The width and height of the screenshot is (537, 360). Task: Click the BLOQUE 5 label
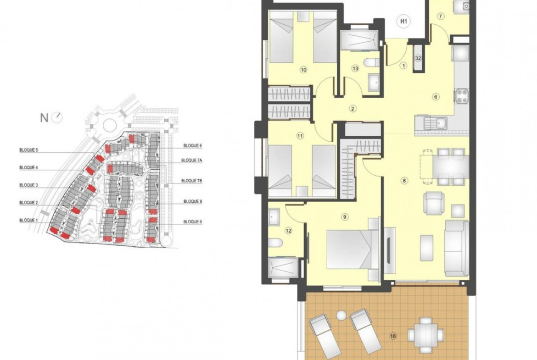pyautogui.click(x=29, y=150)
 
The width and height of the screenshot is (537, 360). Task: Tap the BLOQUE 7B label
pyautogui.click(x=192, y=181)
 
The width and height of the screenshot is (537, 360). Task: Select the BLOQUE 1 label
pyautogui.click(x=29, y=221)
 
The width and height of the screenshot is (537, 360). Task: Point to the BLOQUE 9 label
pyautogui.click(x=192, y=222)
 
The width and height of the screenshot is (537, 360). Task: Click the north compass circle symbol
pyautogui.click(x=57, y=118)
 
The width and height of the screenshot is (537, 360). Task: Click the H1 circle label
pyautogui.click(x=404, y=21)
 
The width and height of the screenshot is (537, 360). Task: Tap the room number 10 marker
pyautogui.click(x=303, y=70)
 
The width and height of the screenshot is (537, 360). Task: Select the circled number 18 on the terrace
pyautogui.click(x=393, y=336)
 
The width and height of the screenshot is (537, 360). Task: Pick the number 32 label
pyautogui.click(x=418, y=58)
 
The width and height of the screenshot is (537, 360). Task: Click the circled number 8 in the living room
pyautogui.click(x=404, y=180)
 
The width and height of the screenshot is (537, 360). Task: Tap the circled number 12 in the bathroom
pyautogui.click(x=288, y=231)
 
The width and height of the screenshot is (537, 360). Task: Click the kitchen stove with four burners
pyautogui.click(x=462, y=96)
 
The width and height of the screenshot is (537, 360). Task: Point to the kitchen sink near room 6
pyautogui.click(x=431, y=123)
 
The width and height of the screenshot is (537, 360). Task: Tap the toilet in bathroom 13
pyautogui.click(x=371, y=63)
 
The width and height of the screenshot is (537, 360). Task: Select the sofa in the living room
pyautogui.click(x=457, y=248)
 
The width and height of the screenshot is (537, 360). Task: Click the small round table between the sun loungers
pyautogui.click(x=341, y=316)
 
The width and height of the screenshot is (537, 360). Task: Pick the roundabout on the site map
pyautogui.click(x=109, y=126)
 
